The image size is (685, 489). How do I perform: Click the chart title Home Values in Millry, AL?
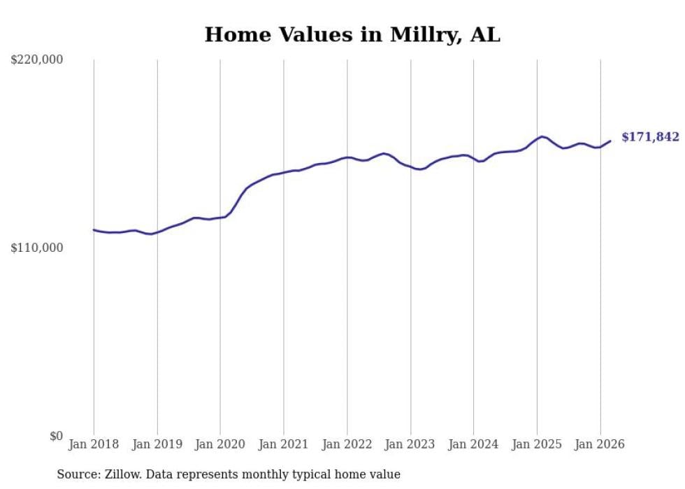352,35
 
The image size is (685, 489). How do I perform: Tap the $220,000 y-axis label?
37,60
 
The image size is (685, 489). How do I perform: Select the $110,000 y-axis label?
37,248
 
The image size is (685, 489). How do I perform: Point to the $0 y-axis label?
56,436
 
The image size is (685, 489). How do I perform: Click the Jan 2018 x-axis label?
94,444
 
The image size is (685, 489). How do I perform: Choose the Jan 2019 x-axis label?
157,444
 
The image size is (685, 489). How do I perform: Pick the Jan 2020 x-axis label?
220,444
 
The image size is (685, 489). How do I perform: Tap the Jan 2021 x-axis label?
283,444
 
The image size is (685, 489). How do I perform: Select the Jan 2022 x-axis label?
347,444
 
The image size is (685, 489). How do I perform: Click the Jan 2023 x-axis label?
410,444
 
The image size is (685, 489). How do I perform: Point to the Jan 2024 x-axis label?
473,444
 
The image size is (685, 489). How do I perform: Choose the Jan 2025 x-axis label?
537,444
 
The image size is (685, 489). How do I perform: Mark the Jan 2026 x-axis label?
600,444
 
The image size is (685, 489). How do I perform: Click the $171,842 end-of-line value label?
650,137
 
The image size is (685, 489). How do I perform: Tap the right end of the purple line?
610,141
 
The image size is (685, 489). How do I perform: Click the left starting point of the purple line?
94,229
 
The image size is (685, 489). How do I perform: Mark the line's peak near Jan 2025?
541,136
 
